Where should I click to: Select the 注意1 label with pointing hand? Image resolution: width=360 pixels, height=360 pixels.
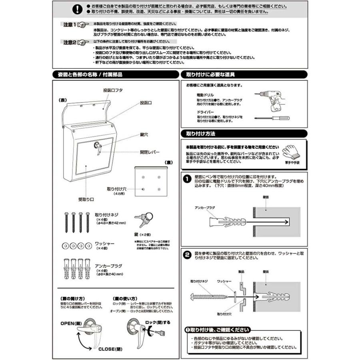(x=76, y=24)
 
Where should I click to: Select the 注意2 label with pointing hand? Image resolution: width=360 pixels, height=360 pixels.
(x=76, y=42)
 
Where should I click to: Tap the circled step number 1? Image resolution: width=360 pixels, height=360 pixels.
(x=186, y=179)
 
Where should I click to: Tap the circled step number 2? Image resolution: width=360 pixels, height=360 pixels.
(x=186, y=255)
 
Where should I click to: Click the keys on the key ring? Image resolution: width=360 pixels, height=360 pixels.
(x=144, y=218)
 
